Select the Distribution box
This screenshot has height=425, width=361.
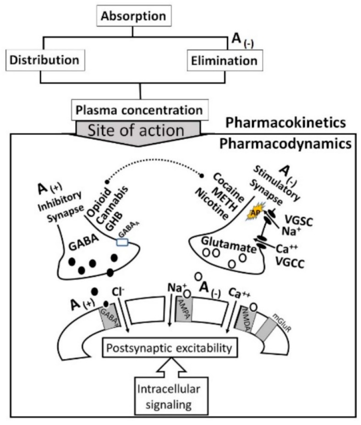tap(44, 60)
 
